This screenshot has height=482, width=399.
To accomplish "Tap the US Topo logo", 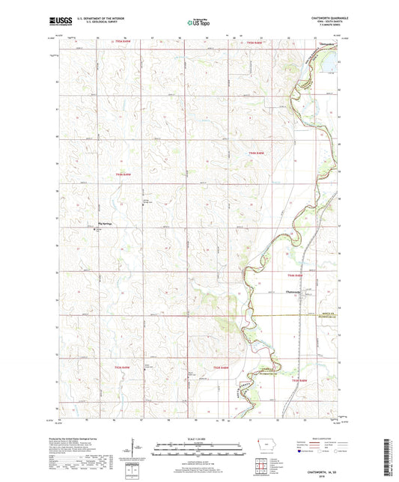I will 198,23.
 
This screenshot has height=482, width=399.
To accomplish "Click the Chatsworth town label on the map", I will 293,290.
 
